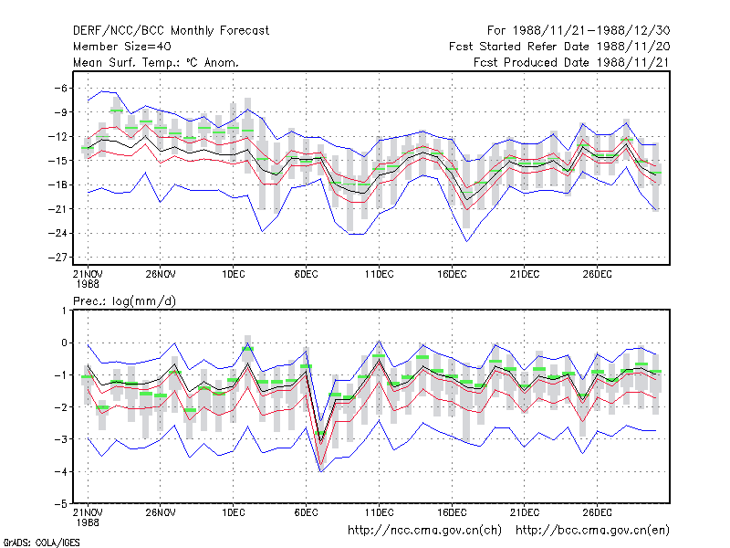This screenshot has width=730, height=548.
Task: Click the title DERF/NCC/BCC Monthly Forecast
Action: coord(171,31)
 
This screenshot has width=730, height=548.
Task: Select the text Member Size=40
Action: coord(122,47)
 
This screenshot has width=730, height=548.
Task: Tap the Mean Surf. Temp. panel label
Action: coord(156,62)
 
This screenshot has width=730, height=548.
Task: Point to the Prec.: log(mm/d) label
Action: coord(124,301)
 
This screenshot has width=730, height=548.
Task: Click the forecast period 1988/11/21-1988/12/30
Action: coord(579,31)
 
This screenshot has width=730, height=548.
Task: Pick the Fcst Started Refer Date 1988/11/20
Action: coord(559,47)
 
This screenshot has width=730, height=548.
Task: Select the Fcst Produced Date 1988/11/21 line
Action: coord(572,62)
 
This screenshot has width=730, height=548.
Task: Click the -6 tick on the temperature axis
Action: coord(61,88)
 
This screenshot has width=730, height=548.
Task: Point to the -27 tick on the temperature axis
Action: coord(57,258)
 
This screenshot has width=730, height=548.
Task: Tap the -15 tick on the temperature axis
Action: coord(57,161)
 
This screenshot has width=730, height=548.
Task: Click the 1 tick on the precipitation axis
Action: coord(64,311)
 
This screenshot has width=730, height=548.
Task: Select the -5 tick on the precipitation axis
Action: coord(61,504)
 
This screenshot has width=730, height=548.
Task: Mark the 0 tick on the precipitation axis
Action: coord(64,343)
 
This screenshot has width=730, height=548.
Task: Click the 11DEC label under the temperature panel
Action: coord(379,274)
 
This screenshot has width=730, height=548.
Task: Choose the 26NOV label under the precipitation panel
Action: coord(161,512)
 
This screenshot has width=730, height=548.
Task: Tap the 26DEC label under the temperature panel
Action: coord(598,274)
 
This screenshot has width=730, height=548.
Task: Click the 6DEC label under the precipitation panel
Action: coord(306,512)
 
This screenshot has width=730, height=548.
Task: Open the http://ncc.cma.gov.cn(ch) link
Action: coord(424,531)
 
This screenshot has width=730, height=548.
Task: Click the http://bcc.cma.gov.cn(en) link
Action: coord(592,531)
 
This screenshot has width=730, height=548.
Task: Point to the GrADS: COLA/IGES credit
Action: coord(41,543)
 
